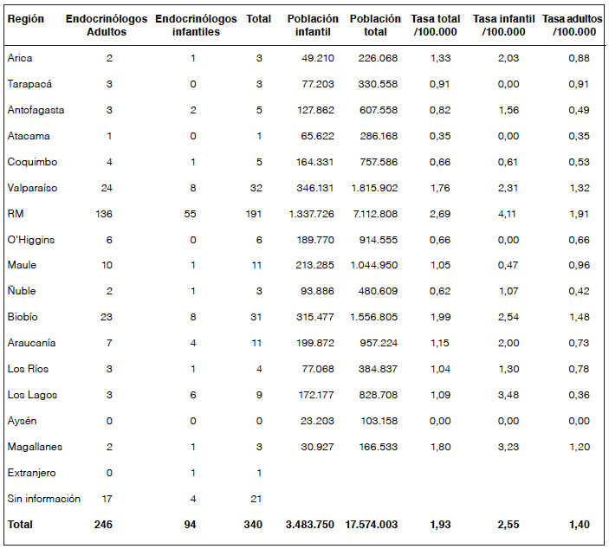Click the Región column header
26,19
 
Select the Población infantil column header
313,25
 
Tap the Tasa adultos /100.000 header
572,25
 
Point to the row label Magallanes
35,447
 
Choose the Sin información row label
43,499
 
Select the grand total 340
252,525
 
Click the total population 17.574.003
373,525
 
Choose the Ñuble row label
21,291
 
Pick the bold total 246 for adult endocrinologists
103,525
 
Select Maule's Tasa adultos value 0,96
580,265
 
